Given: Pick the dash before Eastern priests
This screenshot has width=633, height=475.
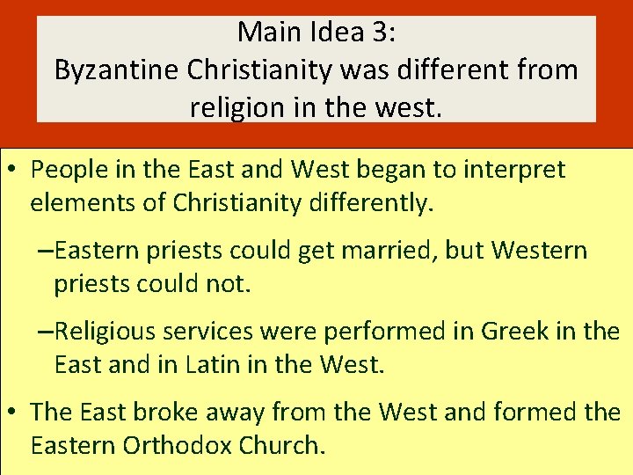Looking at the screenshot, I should [45, 251].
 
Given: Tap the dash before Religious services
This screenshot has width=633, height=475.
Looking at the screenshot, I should [45, 332].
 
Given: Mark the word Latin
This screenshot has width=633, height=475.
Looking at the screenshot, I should [211, 364].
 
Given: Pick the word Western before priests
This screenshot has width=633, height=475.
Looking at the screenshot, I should [538, 251].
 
